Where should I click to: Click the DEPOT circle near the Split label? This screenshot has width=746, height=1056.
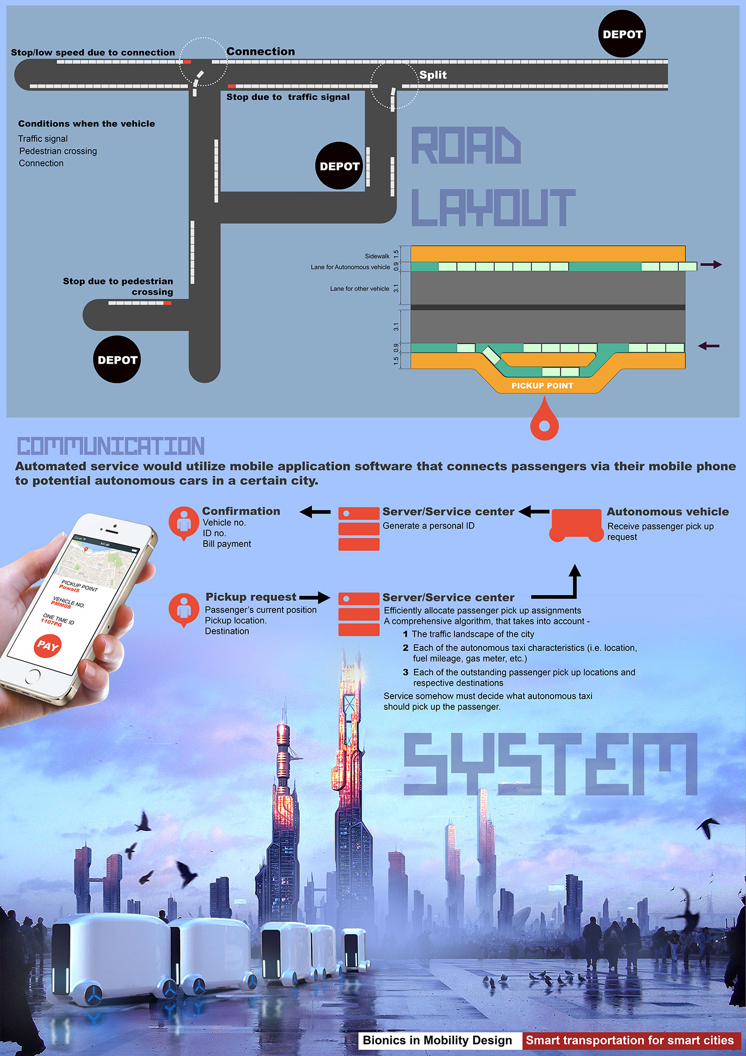click(x=339, y=166)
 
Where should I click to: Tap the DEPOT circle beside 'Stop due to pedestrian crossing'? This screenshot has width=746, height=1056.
click(x=117, y=359)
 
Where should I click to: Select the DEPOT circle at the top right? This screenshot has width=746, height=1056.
click(x=622, y=34)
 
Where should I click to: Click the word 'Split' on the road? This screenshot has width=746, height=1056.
click(x=433, y=75)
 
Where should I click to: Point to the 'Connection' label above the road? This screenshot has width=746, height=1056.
click(x=261, y=52)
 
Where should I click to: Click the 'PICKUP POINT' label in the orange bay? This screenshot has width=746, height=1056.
click(x=542, y=386)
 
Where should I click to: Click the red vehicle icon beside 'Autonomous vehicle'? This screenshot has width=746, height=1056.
click(x=575, y=525)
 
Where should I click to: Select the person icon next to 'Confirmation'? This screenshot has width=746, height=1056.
click(x=184, y=523)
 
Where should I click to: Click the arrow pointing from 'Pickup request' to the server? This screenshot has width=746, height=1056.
click(x=315, y=597)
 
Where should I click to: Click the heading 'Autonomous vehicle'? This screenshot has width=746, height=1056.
click(x=668, y=512)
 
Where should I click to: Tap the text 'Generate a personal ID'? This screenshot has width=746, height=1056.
click(x=428, y=526)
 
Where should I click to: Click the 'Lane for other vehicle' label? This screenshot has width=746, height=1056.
click(x=359, y=289)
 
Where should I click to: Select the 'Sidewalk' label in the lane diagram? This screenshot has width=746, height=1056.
click(x=377, y=257)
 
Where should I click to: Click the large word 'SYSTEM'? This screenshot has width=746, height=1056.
click(x=550, y=764)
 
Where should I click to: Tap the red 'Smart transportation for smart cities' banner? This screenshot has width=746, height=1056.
click(x=630, y=1041)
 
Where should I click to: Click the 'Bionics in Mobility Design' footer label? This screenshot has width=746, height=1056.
click(x=437, y=1041)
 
